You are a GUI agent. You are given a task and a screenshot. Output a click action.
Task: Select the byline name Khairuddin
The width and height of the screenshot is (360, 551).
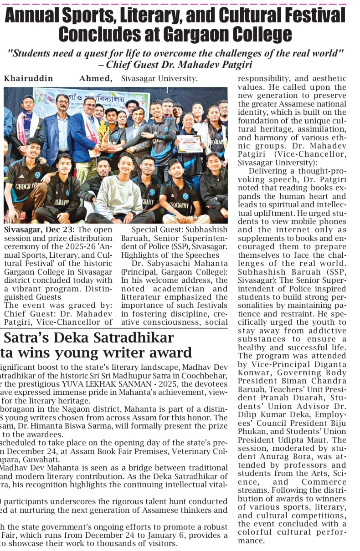click(x=29, y=78)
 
